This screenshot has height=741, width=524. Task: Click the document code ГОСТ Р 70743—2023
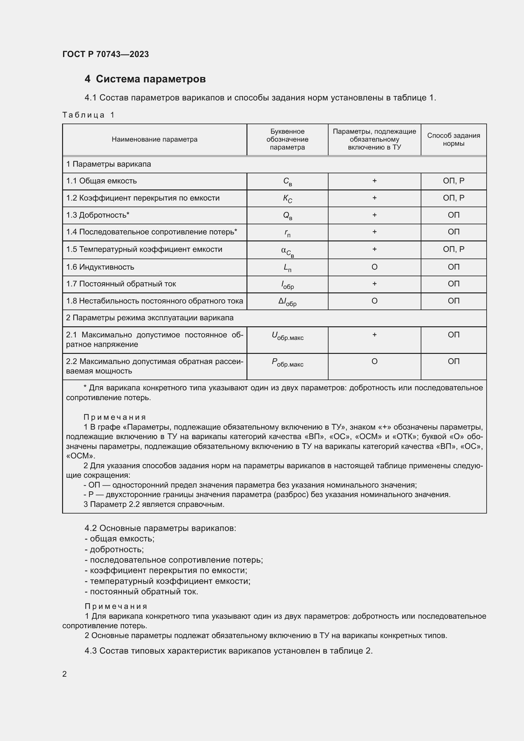tap(105, 54)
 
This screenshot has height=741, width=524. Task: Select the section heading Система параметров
tap(150, 79)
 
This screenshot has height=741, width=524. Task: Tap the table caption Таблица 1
tap(88, 115)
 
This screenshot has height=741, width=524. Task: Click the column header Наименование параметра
tap(154, 139)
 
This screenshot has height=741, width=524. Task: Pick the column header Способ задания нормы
tap(453, 139)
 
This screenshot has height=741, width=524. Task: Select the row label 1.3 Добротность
tap(98, 215)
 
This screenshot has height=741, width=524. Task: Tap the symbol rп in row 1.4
tap(287, 233)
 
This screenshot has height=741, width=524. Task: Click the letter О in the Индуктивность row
tap(374, 267)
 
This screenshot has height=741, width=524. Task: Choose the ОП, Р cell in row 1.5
tap(453, 249)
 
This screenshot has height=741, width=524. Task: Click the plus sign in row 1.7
tap(374, 284)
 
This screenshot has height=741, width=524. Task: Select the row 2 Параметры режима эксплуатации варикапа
tap(150, 318)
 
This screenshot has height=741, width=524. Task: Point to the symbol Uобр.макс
tap(287, 336)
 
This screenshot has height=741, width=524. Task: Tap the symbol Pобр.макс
tap(287, 362)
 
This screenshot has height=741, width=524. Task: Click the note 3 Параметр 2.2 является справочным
tap(154, 504)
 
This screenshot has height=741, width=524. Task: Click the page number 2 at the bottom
tap(65, 674)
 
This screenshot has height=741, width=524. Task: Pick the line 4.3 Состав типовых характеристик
tap(228, 651)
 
